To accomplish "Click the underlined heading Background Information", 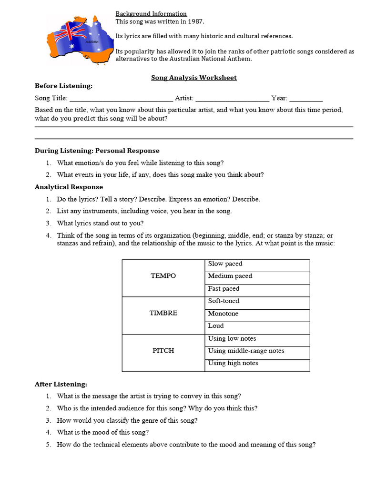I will [x=151, y=14].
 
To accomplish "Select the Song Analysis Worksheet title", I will [x=193, y=77].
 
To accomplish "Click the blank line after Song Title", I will [x=121, y=99].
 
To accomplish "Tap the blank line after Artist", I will [x=232, y=99].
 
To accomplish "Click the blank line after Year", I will [x=306, y=99].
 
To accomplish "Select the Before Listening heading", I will [x=63, y=86].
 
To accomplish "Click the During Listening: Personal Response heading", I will [x=97, y=151].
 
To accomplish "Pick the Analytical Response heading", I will [x=69, y=187].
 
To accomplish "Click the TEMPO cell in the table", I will [x=163, y=276].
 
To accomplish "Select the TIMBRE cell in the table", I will [x=163, y=313].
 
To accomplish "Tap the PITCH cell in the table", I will [x=163, y=350].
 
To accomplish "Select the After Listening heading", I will [x=61, y=384].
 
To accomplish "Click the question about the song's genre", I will [x=127, y=420].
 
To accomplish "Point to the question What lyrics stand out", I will [x=100, y=223].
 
